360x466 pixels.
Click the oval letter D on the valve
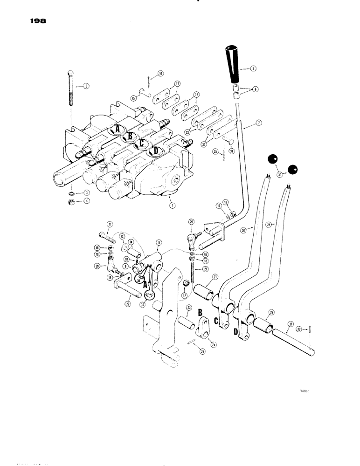point(154,151)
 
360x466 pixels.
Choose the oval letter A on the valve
point(117,129)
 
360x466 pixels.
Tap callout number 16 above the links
point(160,73)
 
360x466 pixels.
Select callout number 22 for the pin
point(127,303)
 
